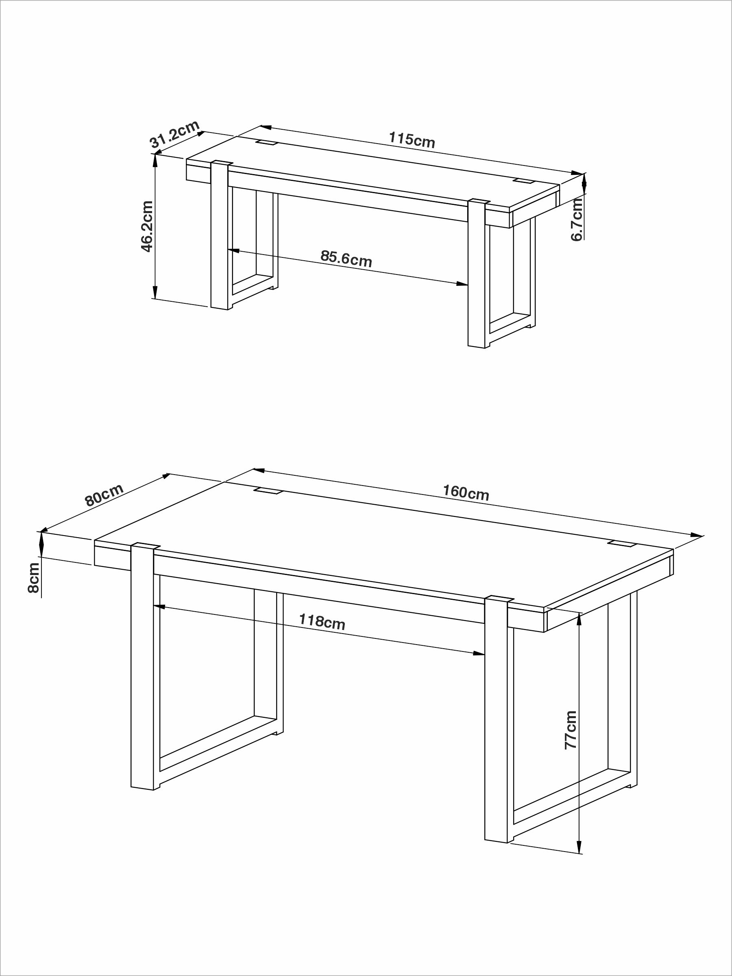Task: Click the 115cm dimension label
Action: [x=411, y=140]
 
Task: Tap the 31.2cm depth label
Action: [x=175, y=134]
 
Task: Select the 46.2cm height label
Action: [x=147, y=227]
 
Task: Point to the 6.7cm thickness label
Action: [x=577, y=219]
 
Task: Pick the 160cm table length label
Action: [x=466, y=492]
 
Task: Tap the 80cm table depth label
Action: [x=104, y=495]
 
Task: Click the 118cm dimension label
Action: [x=322, y=622]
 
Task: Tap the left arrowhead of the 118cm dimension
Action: [x=159, y=607]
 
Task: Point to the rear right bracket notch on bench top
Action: [x=524, y=181]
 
